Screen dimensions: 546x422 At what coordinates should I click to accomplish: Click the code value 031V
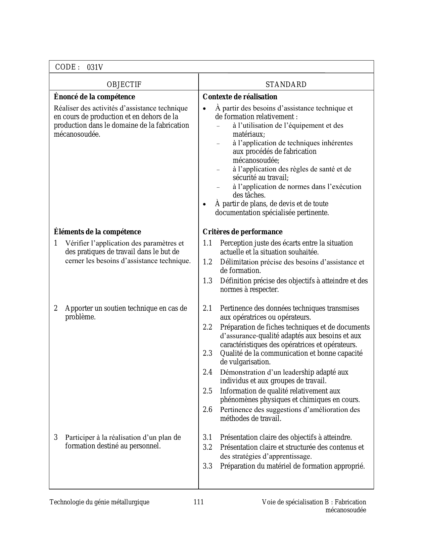pos(95,68)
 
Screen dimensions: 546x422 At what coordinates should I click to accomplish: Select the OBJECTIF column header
pos(124,85)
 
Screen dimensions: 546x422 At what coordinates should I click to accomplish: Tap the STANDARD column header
pos(286,85)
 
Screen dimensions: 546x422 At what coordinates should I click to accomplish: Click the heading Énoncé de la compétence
pos(94,97)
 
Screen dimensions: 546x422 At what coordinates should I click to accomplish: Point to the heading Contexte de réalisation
pos(240,97)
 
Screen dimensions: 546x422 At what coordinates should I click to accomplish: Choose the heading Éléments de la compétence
pos(97,232)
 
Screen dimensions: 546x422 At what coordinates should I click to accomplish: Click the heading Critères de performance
pos(242,232)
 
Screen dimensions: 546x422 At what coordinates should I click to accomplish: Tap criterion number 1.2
pos(208,262)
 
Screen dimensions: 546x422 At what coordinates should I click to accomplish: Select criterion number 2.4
pos(208,372)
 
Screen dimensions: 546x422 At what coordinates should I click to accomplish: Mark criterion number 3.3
pos(208,466)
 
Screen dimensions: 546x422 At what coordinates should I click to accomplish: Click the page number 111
pos(199,502)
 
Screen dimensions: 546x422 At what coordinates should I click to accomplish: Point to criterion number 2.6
pos(208,410)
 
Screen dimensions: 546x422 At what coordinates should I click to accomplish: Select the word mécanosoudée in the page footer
pos(346,510)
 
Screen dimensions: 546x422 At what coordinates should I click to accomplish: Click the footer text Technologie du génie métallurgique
pos(100,502)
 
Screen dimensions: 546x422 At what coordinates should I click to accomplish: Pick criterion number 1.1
pos(208,243)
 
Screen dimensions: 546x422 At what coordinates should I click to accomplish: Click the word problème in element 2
pos(80,317)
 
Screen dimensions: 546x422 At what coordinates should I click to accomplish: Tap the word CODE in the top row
pos(66,67)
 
